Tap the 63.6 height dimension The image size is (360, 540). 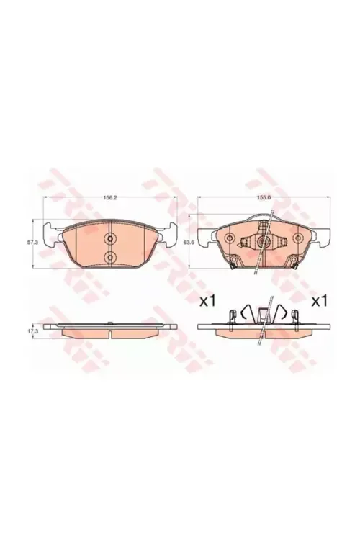(x=189, y=243)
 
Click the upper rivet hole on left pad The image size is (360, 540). (x=110, y=240)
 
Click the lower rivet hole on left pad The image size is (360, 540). (x=110, y=258)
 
